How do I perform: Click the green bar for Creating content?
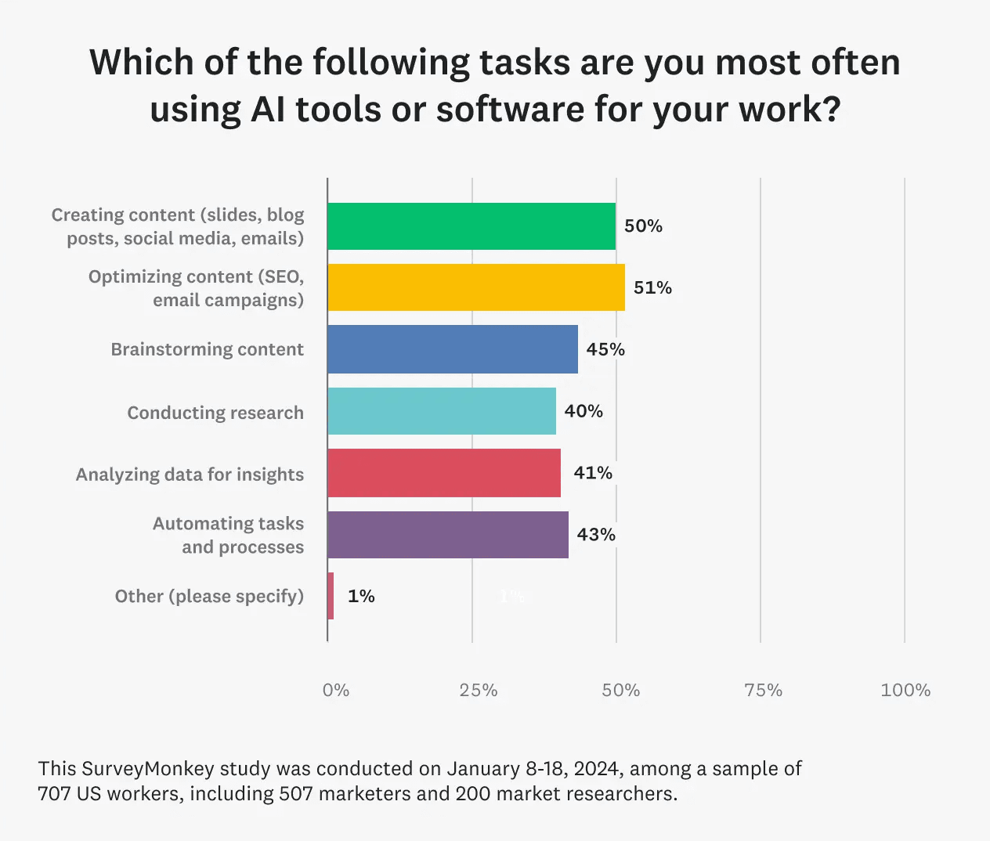pos(472,226)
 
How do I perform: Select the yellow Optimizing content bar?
pos(476,287)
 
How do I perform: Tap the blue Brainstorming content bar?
pos(453,349)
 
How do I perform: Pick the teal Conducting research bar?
pos(442,411)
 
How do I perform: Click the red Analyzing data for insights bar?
pos(444,473)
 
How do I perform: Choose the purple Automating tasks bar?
pos(448,535)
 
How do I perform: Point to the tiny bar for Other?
pos(331,596)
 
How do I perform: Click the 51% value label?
pos(652,288)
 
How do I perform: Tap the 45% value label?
pos(605,350)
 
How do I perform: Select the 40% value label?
pos(584,411)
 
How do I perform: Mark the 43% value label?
pos(596,535)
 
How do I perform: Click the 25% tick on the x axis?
pos(479,690)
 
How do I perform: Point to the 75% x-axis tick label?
pos(764,690)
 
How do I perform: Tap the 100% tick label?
pos(905,690)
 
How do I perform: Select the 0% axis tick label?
pos(336,690)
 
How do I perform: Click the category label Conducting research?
pos(215,413)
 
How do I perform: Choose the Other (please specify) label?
pos(209,597)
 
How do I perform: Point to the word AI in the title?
pos(268,110)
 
